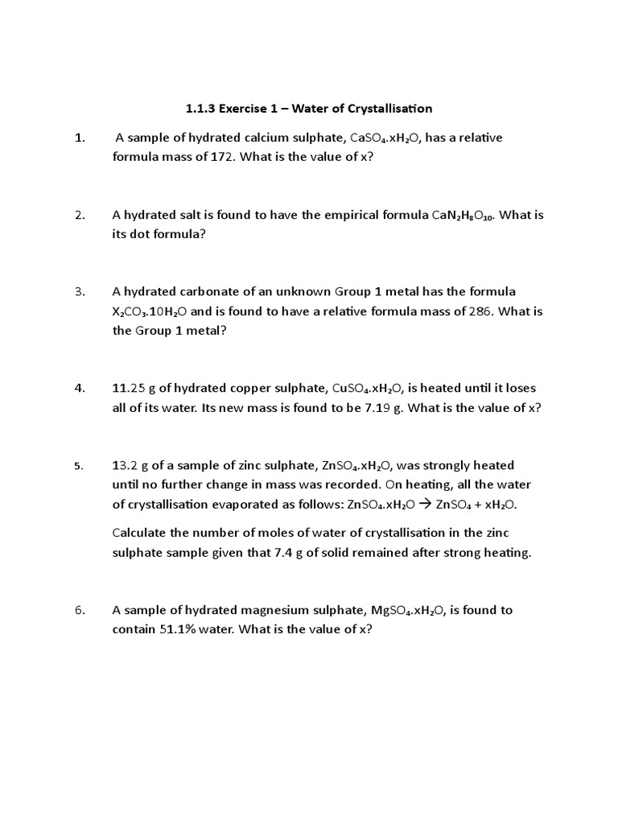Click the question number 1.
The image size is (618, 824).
pyautogui.click(x=80, y=138)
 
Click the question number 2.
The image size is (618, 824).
pyautogui.click(x=80, y=216)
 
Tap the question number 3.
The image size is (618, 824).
pyautogui.click(x=80, y=291)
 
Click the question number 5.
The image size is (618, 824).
pyautogui.click(x=79, y=466)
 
